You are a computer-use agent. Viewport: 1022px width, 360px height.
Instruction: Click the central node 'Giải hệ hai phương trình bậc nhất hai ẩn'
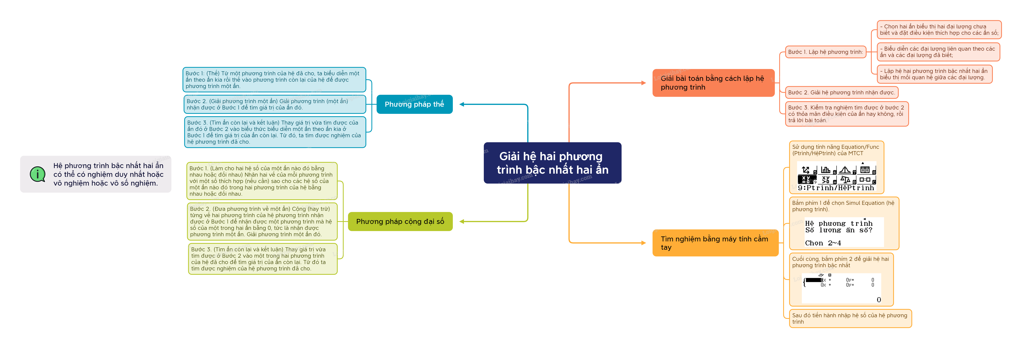click(x=552, y=163)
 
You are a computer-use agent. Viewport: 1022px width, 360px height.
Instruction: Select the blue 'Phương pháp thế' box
click(x=414, y=104)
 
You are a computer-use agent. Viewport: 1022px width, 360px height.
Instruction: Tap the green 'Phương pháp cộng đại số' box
click(x=400, y=222)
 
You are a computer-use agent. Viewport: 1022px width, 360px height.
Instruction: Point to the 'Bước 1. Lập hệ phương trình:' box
click(x=825, y=52)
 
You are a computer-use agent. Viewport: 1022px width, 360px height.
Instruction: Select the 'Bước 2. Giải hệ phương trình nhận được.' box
click(x=841, y=92)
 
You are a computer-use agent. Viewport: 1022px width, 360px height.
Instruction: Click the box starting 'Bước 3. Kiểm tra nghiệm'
click(x=847, y=114)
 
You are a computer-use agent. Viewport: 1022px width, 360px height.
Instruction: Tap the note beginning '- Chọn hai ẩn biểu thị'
click(x=939, y=30)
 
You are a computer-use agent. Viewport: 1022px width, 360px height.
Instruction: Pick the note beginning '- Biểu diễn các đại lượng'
click(x=938, y=52)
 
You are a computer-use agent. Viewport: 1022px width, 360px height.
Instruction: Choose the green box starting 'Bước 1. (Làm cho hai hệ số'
click(x=262, y=181)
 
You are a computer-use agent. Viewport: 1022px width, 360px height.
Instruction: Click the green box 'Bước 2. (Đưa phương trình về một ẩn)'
click(x=262, y=222)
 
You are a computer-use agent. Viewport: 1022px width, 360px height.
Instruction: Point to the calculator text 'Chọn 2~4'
click(x=823, y=243)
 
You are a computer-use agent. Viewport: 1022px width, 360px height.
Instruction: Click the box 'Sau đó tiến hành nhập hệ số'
click(x=850, y=318)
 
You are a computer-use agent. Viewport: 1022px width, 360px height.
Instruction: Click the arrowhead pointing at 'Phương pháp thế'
click(x=462, y=104)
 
